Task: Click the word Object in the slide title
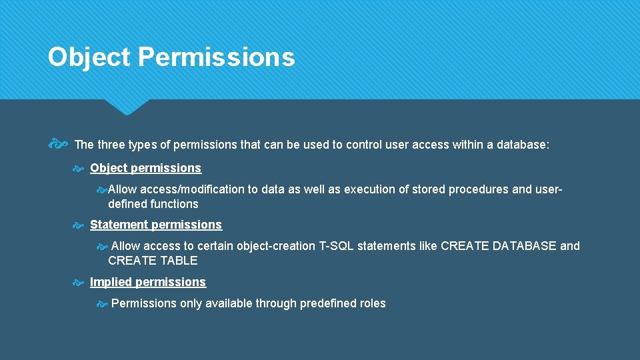[89, 57]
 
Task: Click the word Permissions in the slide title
[216, 57]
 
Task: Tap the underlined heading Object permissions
[145, 168]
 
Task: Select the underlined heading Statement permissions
[155, 225]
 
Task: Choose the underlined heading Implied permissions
[148, 282]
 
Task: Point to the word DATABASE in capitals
[524, 246]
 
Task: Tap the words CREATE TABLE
[153, 261]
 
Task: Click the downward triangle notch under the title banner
[127, 107]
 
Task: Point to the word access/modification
[192, 189]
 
